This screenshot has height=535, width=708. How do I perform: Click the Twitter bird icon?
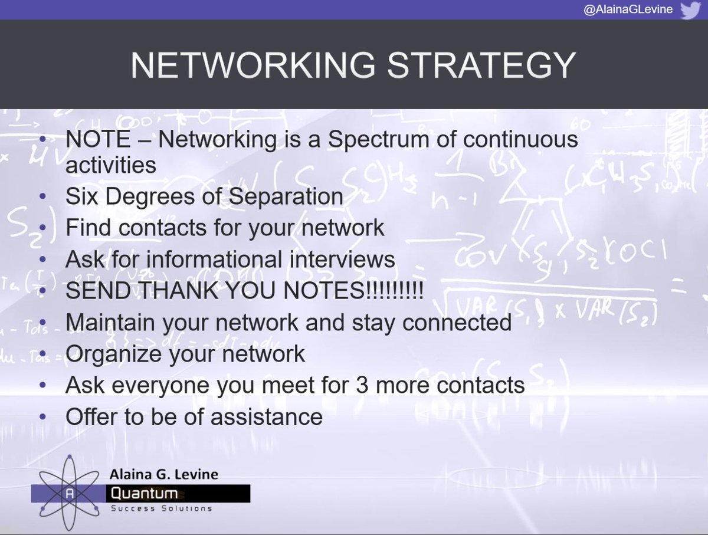coord(690,11)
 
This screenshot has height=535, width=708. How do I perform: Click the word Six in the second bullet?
coord(81,196)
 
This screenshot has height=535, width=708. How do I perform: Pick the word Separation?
coord(286,196)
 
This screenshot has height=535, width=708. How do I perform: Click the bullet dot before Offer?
coord(44,417)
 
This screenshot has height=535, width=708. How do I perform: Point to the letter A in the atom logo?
coord(70,494)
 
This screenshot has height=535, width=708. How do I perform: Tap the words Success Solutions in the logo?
coord(161,508)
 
